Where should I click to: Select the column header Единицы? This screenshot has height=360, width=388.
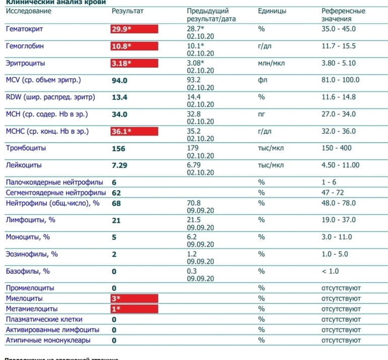[272, 11]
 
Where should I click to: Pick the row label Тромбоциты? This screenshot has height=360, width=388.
[26, 148]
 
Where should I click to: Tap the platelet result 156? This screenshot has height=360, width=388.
[118, 149]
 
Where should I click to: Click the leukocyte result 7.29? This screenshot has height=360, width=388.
[119, 165]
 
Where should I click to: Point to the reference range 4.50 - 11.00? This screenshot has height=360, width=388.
[340, 165]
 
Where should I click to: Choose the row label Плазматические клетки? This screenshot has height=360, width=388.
[44, 319]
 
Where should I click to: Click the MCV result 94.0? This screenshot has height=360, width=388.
[119, 80]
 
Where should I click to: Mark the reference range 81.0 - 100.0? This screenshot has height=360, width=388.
[340, 80]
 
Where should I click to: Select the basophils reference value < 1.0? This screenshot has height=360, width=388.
[330, 271]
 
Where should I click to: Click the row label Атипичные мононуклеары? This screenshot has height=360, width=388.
[48, 340]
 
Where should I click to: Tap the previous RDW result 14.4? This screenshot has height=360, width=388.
[193, 97]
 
